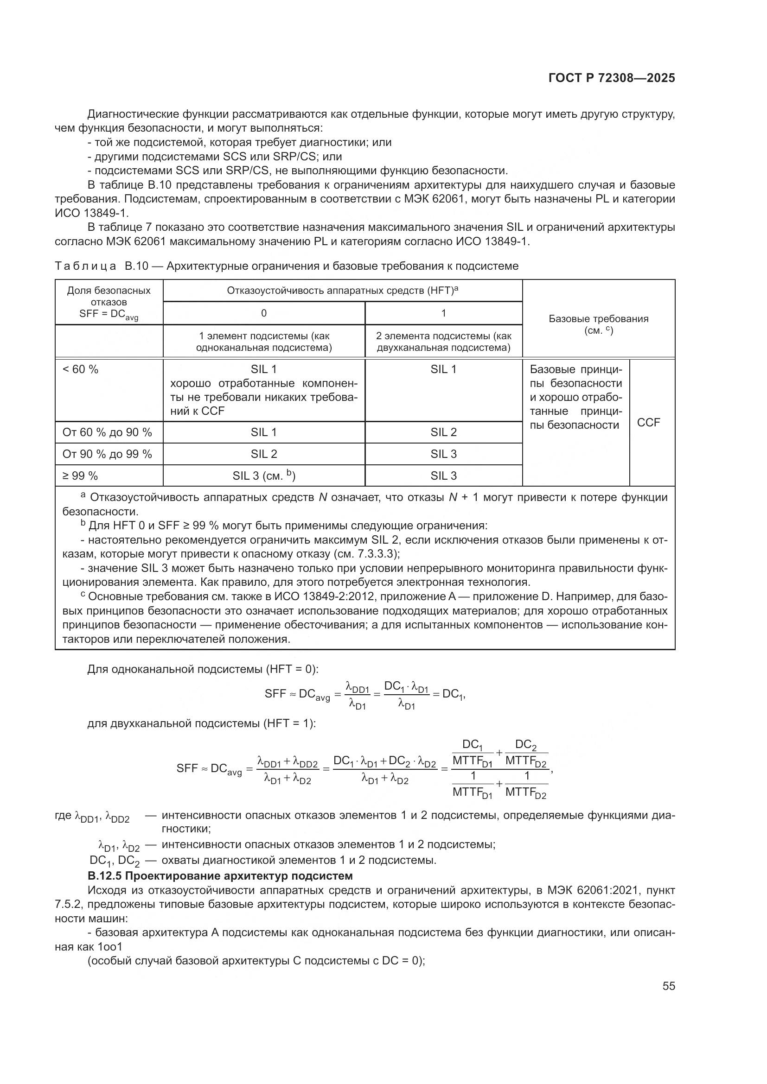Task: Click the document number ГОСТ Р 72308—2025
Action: point(612,78)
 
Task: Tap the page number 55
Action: point(668,986)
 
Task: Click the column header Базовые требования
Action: point(598,319)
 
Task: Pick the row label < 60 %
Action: point(80,369)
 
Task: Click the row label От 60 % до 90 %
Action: point(107,432)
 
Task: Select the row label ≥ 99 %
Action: point(80,475)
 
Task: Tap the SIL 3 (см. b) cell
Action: point(263,475)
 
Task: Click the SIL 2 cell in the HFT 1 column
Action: point(443,432)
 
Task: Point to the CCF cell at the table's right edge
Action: point(648,423)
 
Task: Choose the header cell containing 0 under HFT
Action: point(263,313)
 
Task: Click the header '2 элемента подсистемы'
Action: point(443,342)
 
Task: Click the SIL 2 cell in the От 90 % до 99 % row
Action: point(263,454)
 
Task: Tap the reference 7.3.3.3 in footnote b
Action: point(379,554)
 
